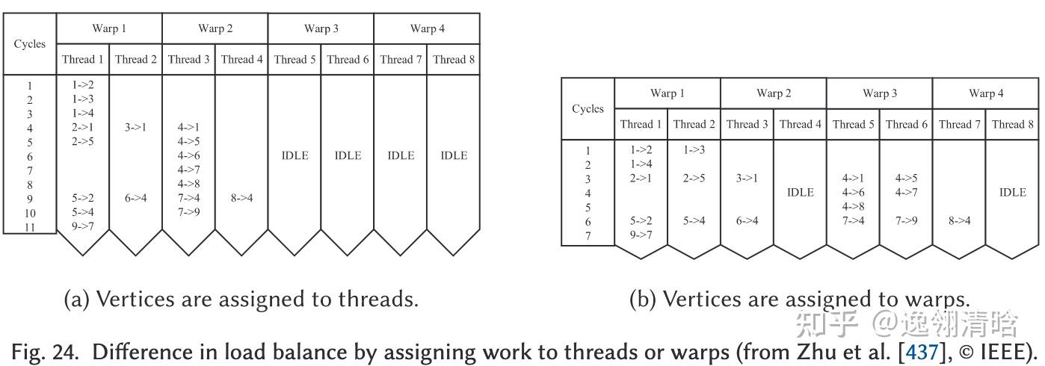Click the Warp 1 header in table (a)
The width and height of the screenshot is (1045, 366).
[x=109, y=28]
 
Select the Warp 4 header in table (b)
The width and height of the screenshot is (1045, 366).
[x=986, y=93]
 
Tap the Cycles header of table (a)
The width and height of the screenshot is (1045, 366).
[x=30, y=44]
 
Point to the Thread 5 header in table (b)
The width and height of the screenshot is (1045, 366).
[x=853, y=124]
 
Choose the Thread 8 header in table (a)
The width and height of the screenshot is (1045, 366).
[x=453, y=60]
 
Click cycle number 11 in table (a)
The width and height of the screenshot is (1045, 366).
[x=30, y=227]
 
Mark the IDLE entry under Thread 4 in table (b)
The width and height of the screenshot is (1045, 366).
[x=800, y=193]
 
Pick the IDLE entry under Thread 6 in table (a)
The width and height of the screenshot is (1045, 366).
[x=348, y=155]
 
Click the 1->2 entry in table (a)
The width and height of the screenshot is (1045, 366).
[x=82, y=85]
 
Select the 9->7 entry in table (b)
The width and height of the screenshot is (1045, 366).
[x=641, y=235]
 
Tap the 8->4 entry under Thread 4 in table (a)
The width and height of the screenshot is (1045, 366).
[x=241, y=199]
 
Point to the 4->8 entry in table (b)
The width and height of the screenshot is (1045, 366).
[x=853, y=207]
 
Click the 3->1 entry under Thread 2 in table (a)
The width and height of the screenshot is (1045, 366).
[x=135, y=128]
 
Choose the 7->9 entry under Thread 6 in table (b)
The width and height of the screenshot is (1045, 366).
[x=906, y=221]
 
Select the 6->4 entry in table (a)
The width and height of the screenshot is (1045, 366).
[x=135, y=199]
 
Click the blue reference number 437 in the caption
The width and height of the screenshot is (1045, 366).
[x=921, y=351]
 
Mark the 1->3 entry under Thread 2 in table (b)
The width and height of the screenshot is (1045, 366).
[x=694, y=150]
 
